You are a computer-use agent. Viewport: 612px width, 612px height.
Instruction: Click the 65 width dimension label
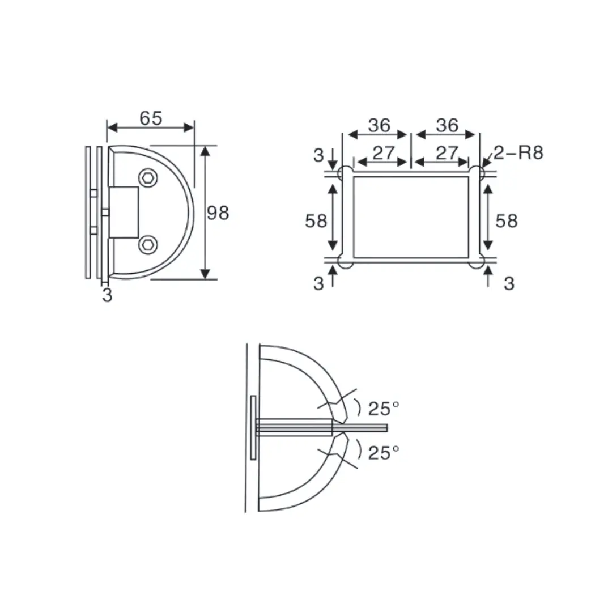151,118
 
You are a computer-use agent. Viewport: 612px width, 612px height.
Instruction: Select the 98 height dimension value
218,213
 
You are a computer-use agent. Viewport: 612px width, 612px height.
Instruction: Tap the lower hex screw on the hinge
148,245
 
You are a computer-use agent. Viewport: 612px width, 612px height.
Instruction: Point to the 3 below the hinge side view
107,295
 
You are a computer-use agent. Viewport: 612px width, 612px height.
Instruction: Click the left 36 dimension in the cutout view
379,125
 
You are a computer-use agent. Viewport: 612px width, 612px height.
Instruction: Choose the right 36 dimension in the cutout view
447,125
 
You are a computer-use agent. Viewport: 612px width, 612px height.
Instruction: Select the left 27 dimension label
384,153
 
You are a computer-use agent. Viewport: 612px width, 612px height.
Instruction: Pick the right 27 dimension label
447,153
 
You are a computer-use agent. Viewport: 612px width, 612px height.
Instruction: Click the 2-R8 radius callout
518,152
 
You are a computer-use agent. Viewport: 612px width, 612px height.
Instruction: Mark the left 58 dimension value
316,221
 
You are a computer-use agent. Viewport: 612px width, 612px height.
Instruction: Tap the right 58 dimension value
507,221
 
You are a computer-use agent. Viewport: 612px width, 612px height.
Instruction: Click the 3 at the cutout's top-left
318,154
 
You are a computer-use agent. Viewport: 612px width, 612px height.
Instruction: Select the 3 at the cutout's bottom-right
509,283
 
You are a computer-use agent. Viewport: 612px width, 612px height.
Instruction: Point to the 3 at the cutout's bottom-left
318,283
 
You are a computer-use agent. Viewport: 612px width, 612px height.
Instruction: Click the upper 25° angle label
384,408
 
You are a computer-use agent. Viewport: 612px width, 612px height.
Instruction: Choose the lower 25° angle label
384,452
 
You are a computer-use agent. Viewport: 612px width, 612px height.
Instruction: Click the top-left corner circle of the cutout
345,173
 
